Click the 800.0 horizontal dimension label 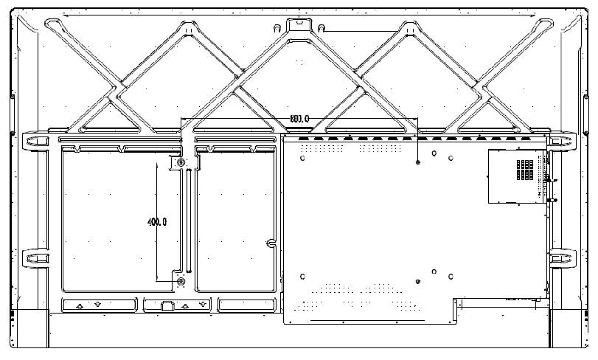click(299, 118)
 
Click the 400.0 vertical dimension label click(157, 221)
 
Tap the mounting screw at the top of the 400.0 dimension click(181, 161)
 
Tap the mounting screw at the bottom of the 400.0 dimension click(181, 281)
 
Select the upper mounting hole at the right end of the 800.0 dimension click(418, 162)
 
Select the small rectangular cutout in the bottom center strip click(167, 305)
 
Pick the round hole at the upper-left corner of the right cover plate click(304, 155)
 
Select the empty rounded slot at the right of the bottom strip click(243, 304)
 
